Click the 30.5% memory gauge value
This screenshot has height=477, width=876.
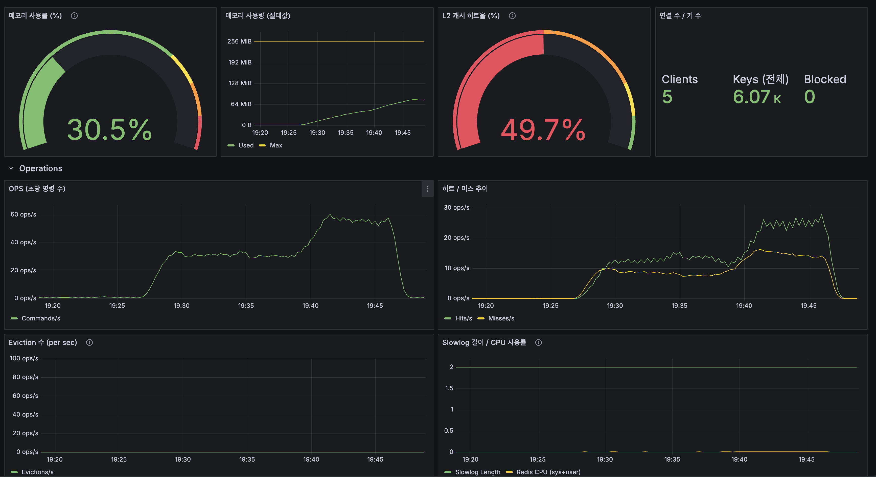pyautogui.click(x=109, y=130)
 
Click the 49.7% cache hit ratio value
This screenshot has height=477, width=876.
pyautogui.click(x=543, y=130)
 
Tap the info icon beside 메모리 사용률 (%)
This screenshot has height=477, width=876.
pyautogui.click(x=74, y=16)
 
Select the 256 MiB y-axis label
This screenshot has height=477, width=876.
pyautogui.click(x=239, y=41)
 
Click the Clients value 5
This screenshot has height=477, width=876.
pyautogui.click(x=667, y=97)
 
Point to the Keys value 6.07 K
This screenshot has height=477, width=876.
pyautogui.click(x=757, y=97)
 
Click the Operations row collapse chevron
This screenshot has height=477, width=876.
pyautogui.click(x=11, y=168)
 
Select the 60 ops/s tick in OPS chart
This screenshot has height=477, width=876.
pyautogui.click(x=23, y=214)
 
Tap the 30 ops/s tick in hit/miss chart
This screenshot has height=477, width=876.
pyautogui.click(x=456, y=208)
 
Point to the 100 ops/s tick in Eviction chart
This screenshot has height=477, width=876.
pyautogui.click(x=24, y=358)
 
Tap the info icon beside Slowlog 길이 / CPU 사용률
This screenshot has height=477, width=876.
pyautogui.click(x=538, y=343)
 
